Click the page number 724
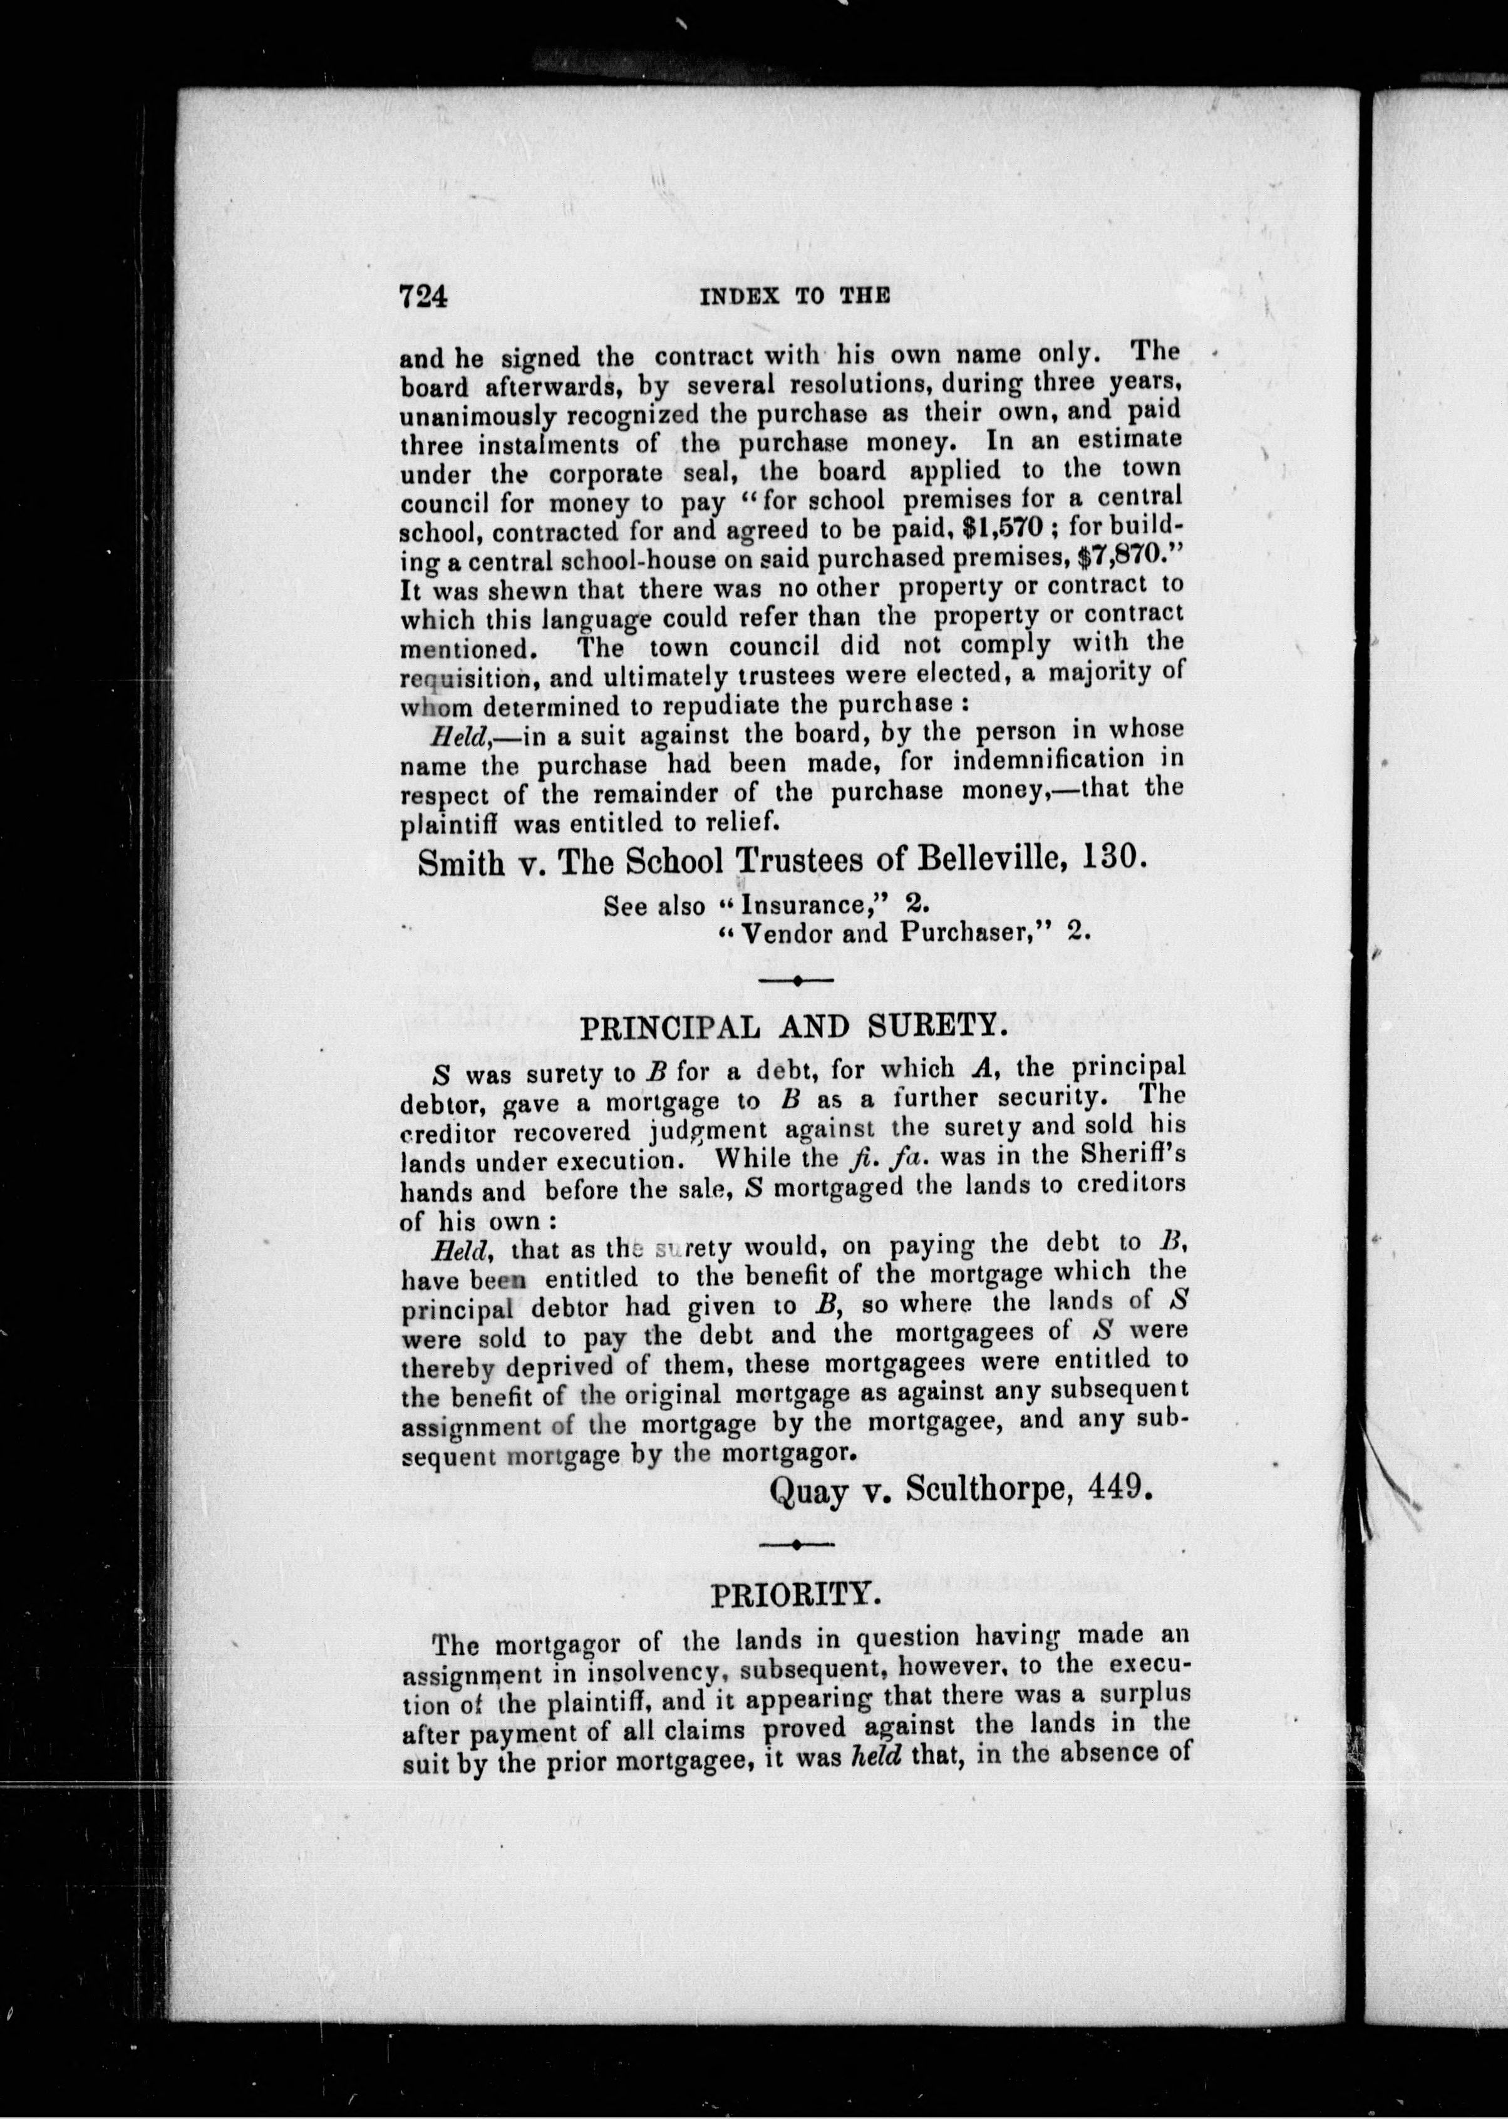coord(423,296)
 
